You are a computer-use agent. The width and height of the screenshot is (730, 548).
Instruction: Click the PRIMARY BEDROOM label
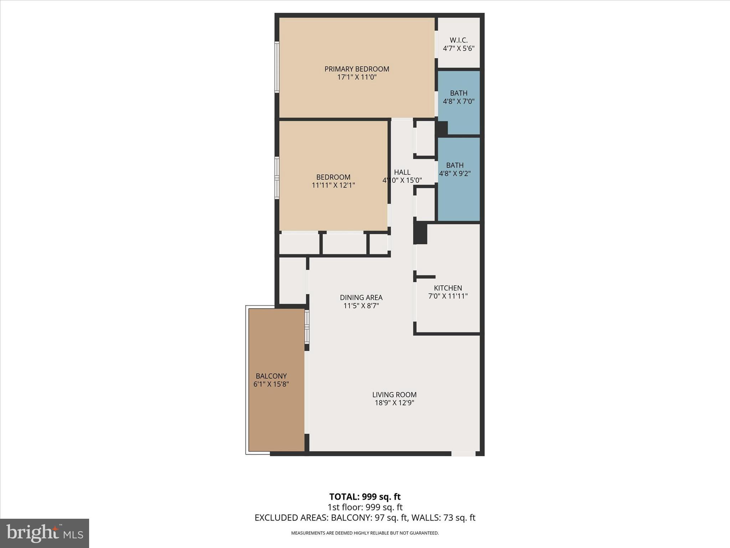pyautogui.click(x=356, y=69)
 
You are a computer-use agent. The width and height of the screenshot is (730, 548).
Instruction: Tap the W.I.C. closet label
pyautogui.click(x=458, y=40)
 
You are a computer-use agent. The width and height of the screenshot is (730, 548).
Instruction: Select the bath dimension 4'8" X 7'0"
pyautogui.click(x=458, y=101)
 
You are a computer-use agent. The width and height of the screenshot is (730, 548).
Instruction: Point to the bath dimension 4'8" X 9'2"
pyautogui.click(x=455, y=174)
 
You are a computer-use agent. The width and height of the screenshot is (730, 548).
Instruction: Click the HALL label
pyautogui.click(x=402, y=172)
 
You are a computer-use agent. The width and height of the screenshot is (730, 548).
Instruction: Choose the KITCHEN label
pyautogui.click(x=448, y=288)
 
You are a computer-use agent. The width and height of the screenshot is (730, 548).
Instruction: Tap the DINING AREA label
pyautogui.click(x=361, y=298)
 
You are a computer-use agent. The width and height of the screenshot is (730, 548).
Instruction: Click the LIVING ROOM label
pyautogui.click(x=394, y=395)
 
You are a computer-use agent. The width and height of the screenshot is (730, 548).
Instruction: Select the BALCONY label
pyautogui.click(x=271, y=376)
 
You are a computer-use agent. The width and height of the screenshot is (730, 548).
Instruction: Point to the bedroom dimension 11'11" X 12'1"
pyautogui.click(x=333, y=185)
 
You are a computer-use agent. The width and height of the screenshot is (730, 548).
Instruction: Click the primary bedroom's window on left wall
pyautogui.click(x=277, y=67)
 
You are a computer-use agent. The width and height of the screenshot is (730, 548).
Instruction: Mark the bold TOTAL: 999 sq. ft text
pyautogui.click(x=365, y=497)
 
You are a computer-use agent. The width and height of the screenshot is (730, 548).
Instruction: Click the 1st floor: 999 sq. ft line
pyautogui.click(x=365, y=507)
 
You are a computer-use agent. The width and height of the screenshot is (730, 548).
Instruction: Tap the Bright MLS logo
pyautogui.click(x=45, y=533)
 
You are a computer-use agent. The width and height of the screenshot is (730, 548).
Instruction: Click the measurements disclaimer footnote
pyautogui.click(x=365, y=533)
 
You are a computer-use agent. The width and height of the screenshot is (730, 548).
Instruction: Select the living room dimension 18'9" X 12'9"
pyautogui.click(x=394, y=403)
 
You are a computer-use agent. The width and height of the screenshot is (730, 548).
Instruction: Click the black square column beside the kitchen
pyautogui.click(x=421, y=233)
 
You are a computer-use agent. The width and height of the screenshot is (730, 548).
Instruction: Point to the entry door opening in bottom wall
pyautogui.click(x=463, y=453)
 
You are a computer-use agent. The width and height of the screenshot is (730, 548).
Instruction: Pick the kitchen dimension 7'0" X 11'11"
pyautogui.click(x=448, y=296)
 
